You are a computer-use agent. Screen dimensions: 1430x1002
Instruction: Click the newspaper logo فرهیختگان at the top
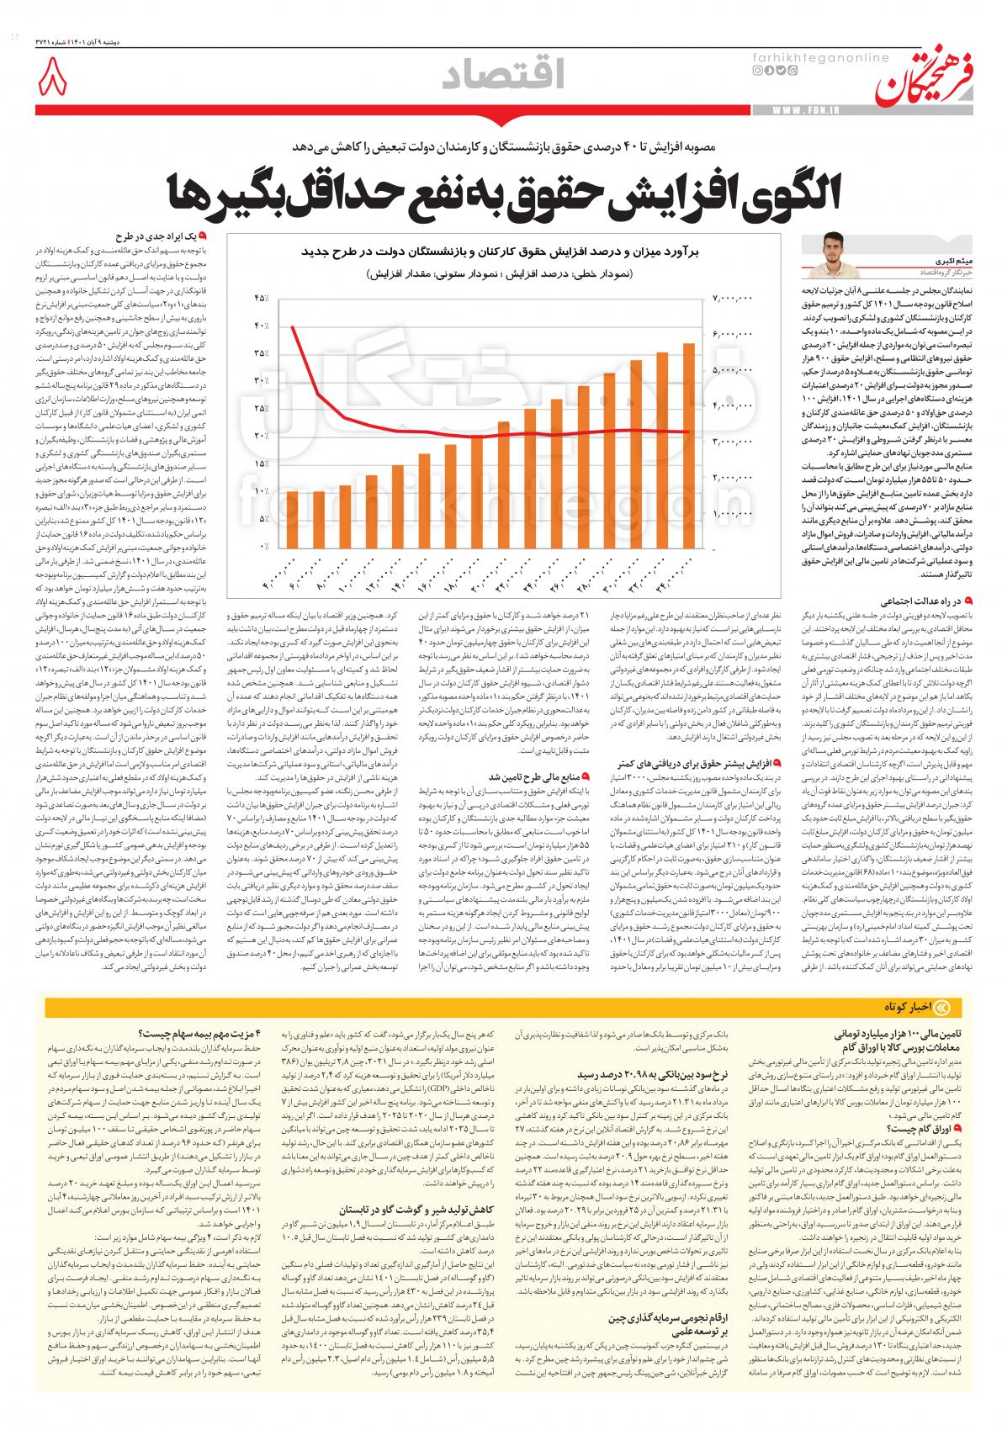point(925,73)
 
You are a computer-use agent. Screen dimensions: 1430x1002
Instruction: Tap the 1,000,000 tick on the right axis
point(733,512)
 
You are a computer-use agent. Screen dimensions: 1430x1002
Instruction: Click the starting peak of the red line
point(291,326)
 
